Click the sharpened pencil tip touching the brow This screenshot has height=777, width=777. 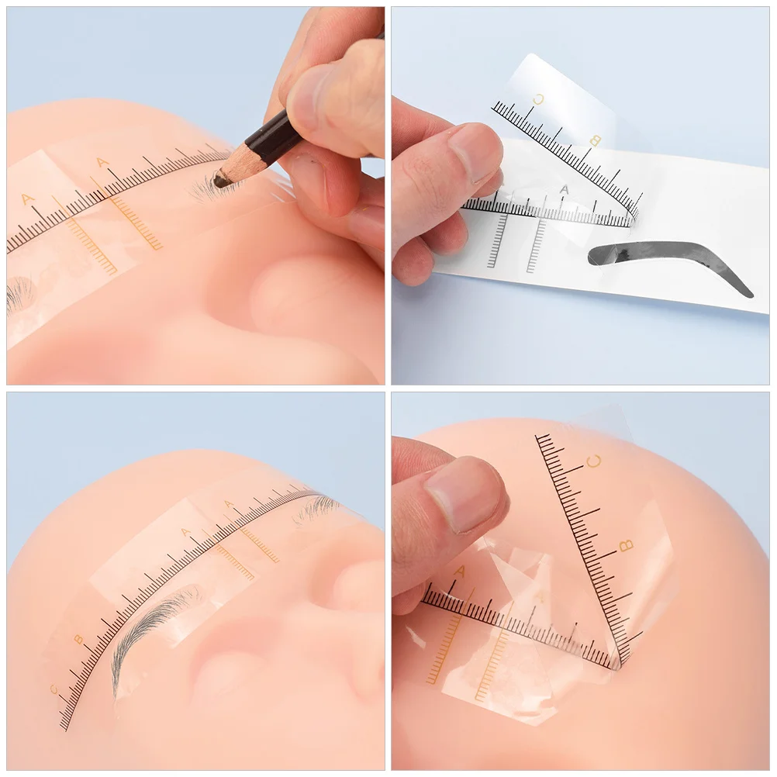[219, 182]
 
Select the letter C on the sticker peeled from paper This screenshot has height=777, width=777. [539, 98]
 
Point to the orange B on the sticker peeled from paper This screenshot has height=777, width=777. [596, 140]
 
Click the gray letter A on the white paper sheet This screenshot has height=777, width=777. [564, 189]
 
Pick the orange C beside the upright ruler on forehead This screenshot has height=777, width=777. [595, 461]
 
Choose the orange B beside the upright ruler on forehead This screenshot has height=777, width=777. [627, 546]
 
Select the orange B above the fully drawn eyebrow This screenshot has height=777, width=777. [78, 639]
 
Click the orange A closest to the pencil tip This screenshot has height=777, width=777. [102, 163]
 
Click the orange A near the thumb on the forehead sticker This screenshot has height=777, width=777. [459, 572]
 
